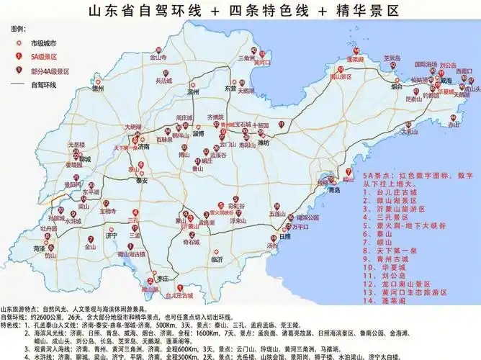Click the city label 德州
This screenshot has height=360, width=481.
point(99,89)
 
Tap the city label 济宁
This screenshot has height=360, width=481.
point(111,235)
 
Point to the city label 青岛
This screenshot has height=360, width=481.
point(333,191)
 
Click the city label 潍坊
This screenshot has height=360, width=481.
point(264,143)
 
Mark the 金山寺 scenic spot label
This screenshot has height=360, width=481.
point(158,57)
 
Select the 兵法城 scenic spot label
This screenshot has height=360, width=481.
point(164,81)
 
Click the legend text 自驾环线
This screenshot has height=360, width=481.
point(43,85)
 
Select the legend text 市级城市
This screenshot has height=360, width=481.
point(43,44)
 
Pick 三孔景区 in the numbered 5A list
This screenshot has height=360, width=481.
point(402,215)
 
